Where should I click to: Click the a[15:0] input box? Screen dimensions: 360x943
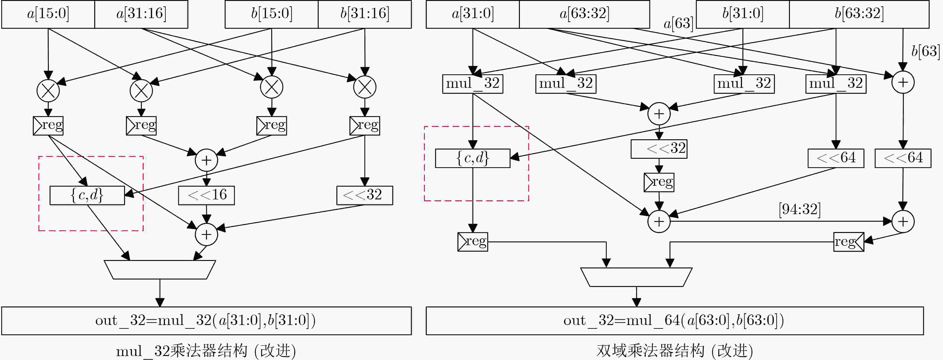point(48,14)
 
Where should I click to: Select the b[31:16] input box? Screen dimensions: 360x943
point(365,14)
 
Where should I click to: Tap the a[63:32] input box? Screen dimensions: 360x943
point(584,14)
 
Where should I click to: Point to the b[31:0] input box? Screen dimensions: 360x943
point(742,14)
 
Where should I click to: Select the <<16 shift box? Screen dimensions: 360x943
point(206,195)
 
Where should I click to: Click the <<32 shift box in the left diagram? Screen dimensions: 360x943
point(365,195)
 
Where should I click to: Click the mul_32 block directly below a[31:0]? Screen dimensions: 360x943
point(473,84)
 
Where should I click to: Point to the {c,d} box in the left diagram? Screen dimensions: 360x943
point(87,195)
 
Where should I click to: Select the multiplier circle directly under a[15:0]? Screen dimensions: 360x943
point(48,90)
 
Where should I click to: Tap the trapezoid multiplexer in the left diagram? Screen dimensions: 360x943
point(160,270)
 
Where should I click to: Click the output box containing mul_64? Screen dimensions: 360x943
point(674,321)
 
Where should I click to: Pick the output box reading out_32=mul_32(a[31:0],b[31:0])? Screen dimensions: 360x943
point(206,321)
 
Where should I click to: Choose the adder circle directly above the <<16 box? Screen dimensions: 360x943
point(206,160)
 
